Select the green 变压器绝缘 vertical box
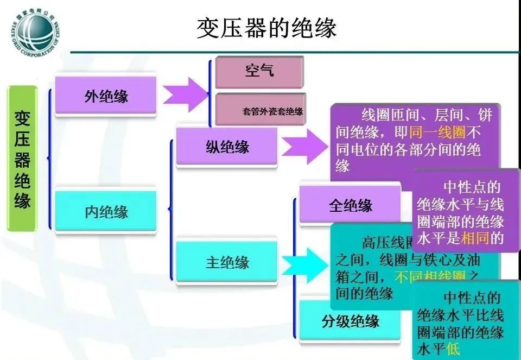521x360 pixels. [22, 158]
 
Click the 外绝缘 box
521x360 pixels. [106, 96]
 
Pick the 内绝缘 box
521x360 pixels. [106, 211]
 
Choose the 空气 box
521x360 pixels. [259, 71]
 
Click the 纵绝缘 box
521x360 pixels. [227, 147]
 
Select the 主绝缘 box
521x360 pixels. [227, 262]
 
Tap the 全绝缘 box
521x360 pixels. [350, 205]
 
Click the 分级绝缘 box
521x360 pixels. [350, 321]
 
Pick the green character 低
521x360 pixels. [453, 349]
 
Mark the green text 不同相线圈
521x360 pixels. [423, 277]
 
